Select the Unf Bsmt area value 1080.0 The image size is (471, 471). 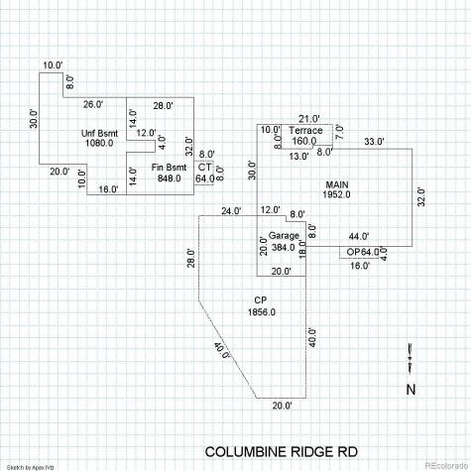point(99,143)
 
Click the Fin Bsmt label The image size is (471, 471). point(169,168)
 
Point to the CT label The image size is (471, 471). point(204,168)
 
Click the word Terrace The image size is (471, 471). point(305,130)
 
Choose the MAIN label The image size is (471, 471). point(337,184)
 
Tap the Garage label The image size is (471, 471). point(284,236)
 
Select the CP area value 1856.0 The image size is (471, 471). point(262,312)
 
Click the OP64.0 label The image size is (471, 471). point(363,252)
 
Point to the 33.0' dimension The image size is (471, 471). point(374,142)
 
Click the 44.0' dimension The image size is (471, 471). point(359,236)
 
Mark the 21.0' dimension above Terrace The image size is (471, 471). point(309,119)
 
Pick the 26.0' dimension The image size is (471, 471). point(93,104)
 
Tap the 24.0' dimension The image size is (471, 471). point(231,211)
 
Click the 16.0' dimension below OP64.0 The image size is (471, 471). point(360,266)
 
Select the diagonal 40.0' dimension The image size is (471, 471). point(223,351)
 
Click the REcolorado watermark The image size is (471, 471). point(446,465)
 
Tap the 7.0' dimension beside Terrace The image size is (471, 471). point(340,133)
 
